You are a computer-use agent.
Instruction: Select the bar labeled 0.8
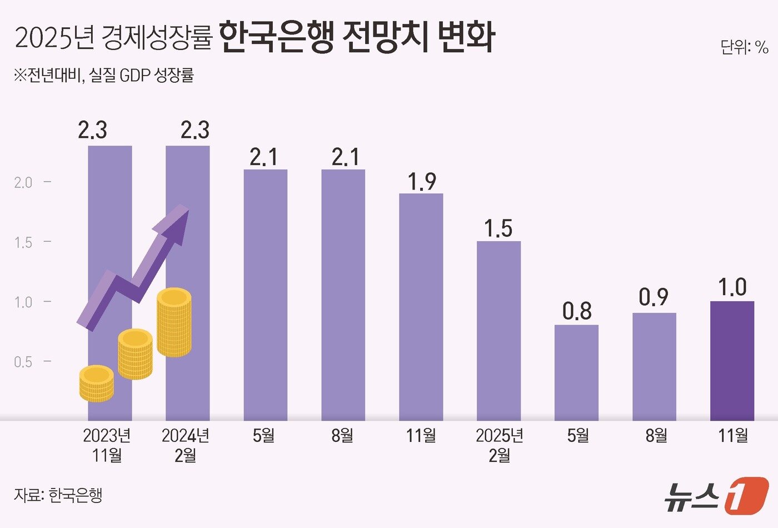coord(576,372)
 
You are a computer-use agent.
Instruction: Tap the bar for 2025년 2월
coord(498,331)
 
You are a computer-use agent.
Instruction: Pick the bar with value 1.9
coord(421,307)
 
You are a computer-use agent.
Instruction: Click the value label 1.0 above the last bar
coord(732,287)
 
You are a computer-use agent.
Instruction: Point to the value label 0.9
coord(654,298)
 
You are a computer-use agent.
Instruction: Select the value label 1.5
coord(498,228)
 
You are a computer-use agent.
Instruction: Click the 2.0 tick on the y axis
coord(23,182)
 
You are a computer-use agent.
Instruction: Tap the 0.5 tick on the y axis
coord(23,362)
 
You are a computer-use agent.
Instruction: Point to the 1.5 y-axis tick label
coord(23,242)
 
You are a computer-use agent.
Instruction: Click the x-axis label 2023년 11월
coord(107,445)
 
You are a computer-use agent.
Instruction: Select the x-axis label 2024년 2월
coord(186,445)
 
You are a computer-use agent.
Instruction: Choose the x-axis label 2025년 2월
coord(499,445)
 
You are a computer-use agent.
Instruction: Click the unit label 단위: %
coord(744,48)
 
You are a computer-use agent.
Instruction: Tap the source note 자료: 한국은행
coord(58,495)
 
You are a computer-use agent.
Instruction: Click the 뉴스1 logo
coord(717,495)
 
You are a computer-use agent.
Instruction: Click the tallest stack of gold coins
coord(174,322)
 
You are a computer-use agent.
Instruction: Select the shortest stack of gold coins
coord(96,383)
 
